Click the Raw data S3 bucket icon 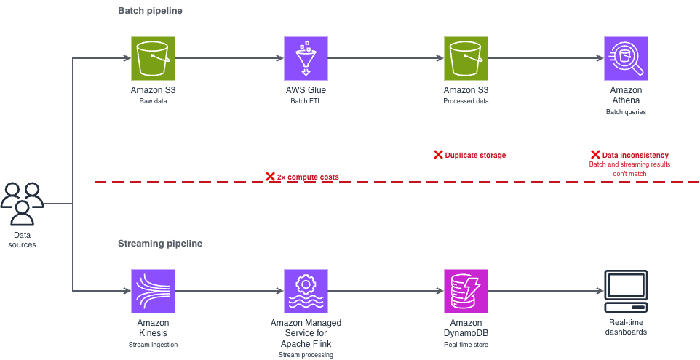click(153, 58)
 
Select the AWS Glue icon click(306, 58)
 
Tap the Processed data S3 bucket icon click(466, 58)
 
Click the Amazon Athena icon click(626, 58)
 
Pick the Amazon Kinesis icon click(153, 291)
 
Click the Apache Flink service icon click(306, 291)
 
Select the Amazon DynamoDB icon click(466, 291)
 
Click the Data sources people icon click(23, 204)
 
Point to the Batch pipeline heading click(150, 11)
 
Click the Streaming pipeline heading click(160, 244)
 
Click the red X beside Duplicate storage click(438, 155)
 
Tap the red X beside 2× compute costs click(270, 177)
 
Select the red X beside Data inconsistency click(595, 155)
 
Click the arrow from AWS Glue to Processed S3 click(386, 58)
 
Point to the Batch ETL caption click(306, 101)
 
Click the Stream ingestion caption click(153, 345)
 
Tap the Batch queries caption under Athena click(626, 112)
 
